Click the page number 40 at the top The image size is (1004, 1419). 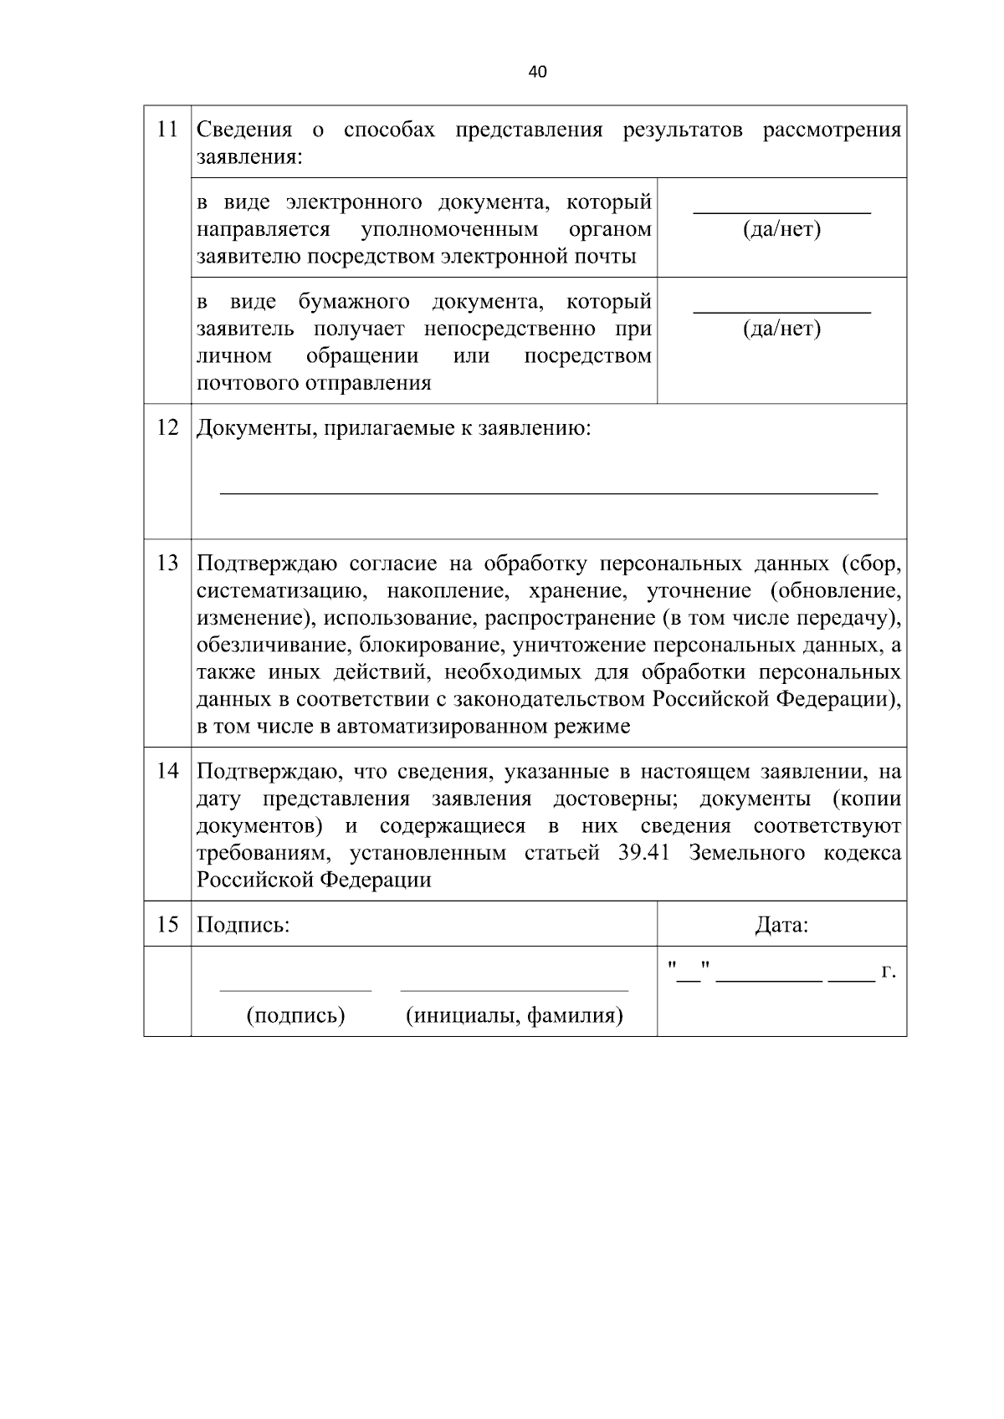(538, 73)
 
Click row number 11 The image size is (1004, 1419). (167, 130)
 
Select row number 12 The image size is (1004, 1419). (167, 428)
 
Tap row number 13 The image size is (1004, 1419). (167, 564)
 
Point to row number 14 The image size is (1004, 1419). (167, 771)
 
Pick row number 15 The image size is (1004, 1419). (167, 925)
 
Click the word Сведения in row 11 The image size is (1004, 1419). (244, 130)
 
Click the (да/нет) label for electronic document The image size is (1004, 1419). (781, 229)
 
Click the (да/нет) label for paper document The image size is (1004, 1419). (781, 329)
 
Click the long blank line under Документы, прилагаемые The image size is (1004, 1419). (548, 493)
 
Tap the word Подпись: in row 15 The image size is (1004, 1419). (243, 926)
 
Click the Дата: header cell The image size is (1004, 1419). (781, 926)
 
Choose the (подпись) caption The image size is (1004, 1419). (295, 1016)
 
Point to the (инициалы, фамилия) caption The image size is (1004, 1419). (514, 1016)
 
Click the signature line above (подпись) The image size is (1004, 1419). (295, 991)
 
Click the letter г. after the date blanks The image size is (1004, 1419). (889, 972)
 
